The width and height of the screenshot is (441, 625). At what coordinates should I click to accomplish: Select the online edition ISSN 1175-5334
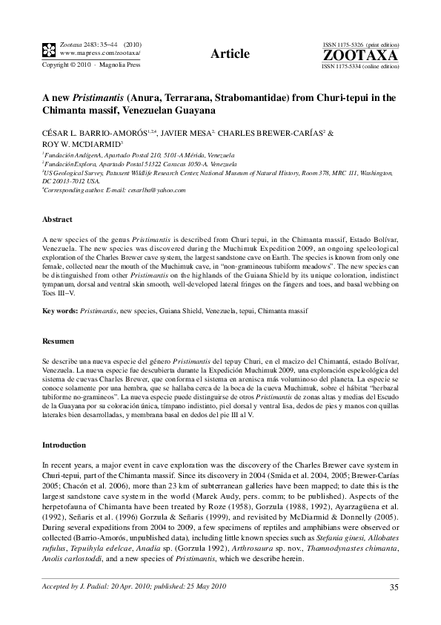[x=348, y=66]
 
